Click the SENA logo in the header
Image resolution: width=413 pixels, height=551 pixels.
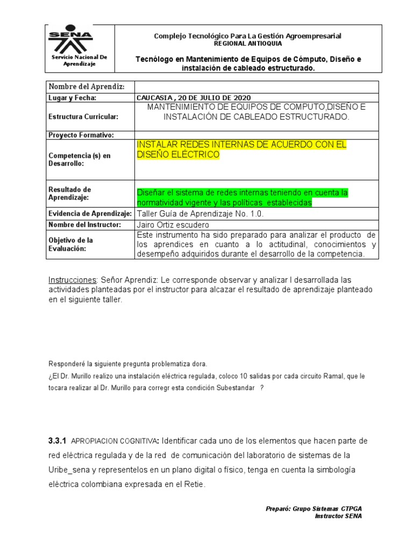click(x=70, y=39)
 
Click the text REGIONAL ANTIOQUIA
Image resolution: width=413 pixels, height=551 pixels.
click(x=247, y=43)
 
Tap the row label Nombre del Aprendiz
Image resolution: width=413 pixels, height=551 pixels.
click(x=87, y=87)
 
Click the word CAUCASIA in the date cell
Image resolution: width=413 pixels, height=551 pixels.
click(x=154, y=97)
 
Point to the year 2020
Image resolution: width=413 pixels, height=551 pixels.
click(x=236, y=97)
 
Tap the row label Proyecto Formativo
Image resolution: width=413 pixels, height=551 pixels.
click(x=81, y=135)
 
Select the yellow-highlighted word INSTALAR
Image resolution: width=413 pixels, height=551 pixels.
click(x=156, y=145)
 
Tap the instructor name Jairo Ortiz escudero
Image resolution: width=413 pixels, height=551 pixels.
click(x=173, y=224)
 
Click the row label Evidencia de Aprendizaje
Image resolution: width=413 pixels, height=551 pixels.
click(x=90, y=214)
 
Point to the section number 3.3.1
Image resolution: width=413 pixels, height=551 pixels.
click(x=57, y=441)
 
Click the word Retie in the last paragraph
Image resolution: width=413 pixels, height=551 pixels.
click(x=194, y=484)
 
